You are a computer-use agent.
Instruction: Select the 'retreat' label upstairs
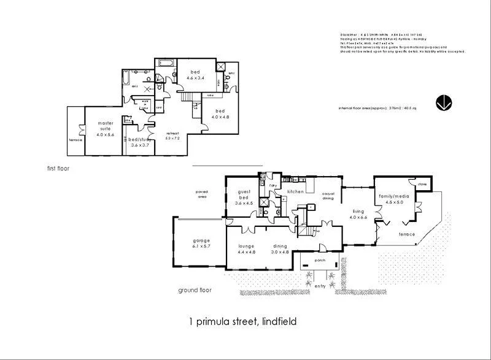[172, 133]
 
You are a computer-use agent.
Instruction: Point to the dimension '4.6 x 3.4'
[196, 78]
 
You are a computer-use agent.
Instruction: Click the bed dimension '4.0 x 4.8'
[220, 117]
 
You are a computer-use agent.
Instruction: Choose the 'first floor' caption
[58, 167]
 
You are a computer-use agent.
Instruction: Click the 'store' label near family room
[422, 183]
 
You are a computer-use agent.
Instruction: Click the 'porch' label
[319, 259]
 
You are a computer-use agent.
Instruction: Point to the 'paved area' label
[202, 194]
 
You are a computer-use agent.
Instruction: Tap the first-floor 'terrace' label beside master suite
[75, 140]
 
